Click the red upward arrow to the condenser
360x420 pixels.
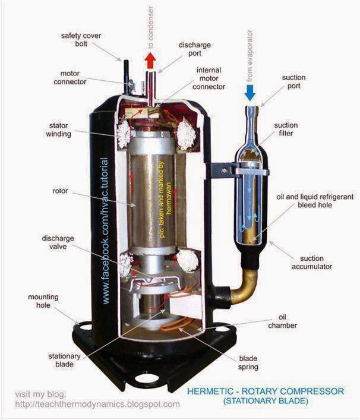pyautogui.click(x=150, y=60)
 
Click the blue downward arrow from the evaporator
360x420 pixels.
pyautogui.click(x=251, y=93)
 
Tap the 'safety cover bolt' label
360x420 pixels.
pyautogui.click(x=81, y=40)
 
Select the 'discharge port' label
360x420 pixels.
pyautogui.click(x=195, y=49)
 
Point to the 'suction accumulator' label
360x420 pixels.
pyautogui.click(x=312, y=263)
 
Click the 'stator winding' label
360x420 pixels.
pyautogui.click(x=58, y=130)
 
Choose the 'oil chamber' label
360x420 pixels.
pyautogui.click(x=283, y=321)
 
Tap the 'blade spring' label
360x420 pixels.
pyautogui.click(x=248, y=363)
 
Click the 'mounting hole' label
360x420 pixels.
pyautogui.click(x=43, y=301)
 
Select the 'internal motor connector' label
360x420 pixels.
pyautogui.click(x=209, y=78)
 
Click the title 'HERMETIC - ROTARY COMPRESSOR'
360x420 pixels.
pyautogui.click(x=266, y=391)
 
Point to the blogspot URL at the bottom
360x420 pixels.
pyautogui.click(x=97, y=404)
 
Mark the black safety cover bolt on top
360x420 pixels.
pyautogui.click(x=126, y=77)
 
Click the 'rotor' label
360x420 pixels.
pyautogui.click(x=60, y=191)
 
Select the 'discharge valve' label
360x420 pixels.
pyautogui.click(x=58, y=242)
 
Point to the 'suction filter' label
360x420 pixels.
pyautogui.click(x=286, y=129)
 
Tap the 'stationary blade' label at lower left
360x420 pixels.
pyautogui.click(x=64, y=360)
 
